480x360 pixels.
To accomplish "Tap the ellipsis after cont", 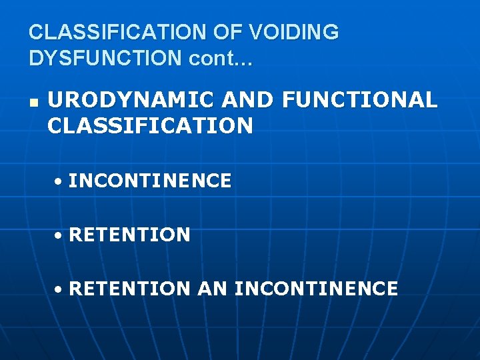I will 242,62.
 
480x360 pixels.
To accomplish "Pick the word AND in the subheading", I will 248,100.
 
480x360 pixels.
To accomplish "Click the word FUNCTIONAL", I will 360,100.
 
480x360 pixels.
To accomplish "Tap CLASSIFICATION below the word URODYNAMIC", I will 151,125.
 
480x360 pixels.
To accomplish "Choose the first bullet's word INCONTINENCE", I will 150,181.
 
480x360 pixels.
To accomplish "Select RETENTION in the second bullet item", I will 129,235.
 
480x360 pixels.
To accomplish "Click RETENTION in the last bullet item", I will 129,289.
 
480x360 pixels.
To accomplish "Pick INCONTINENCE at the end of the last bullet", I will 317,289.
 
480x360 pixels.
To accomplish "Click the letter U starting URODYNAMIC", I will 55,100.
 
